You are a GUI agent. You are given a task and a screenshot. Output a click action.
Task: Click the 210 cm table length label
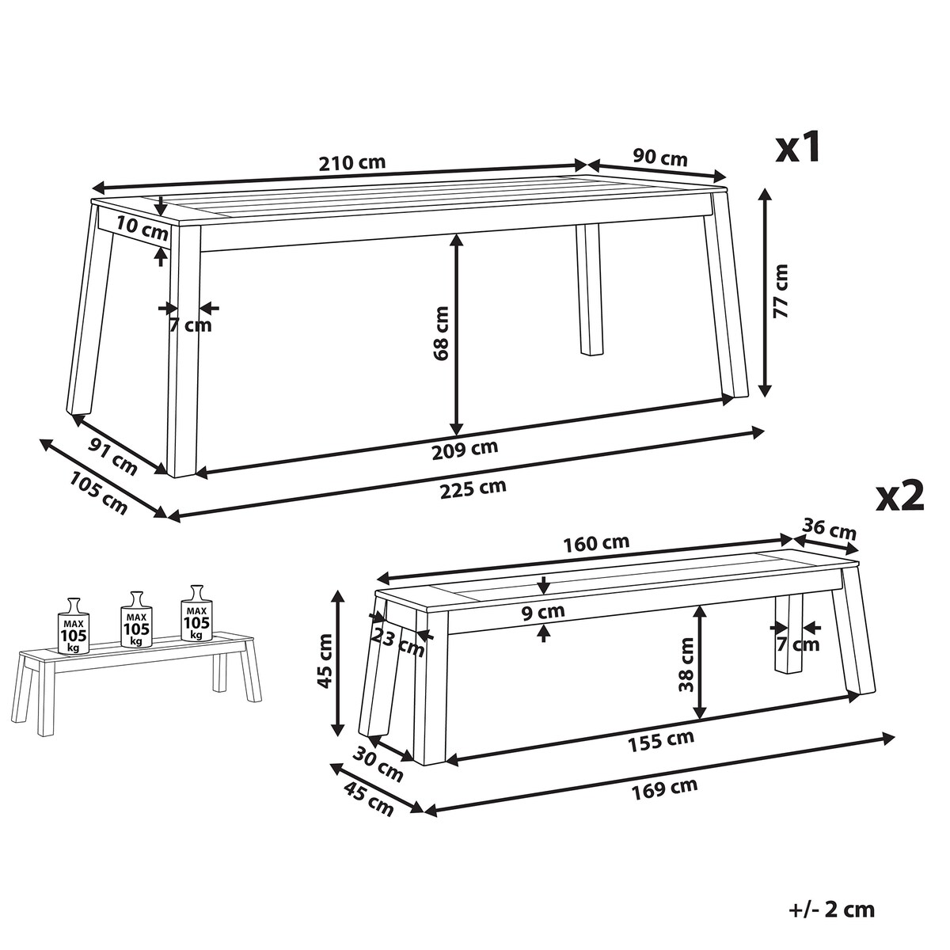pos(352,163)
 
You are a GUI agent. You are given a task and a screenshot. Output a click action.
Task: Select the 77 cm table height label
pos(781,291)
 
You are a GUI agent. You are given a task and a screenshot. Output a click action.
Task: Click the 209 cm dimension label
pos(465,449)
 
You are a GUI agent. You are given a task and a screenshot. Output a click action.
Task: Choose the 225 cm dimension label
pos(473,488)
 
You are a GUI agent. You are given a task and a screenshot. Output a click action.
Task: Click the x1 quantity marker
pos(798,147)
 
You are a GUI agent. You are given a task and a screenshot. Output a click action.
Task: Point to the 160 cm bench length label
pos(596,543)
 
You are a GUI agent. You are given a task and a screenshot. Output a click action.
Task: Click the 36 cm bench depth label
pos(830,529)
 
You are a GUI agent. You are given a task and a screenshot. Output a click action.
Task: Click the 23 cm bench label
pos(397,642)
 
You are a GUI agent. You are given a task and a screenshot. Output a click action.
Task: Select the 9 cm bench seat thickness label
pos(542,612)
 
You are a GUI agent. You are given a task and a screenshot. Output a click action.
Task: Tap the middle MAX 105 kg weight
pos(136,618)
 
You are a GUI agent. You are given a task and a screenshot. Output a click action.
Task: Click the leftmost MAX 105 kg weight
pos(74,625)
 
